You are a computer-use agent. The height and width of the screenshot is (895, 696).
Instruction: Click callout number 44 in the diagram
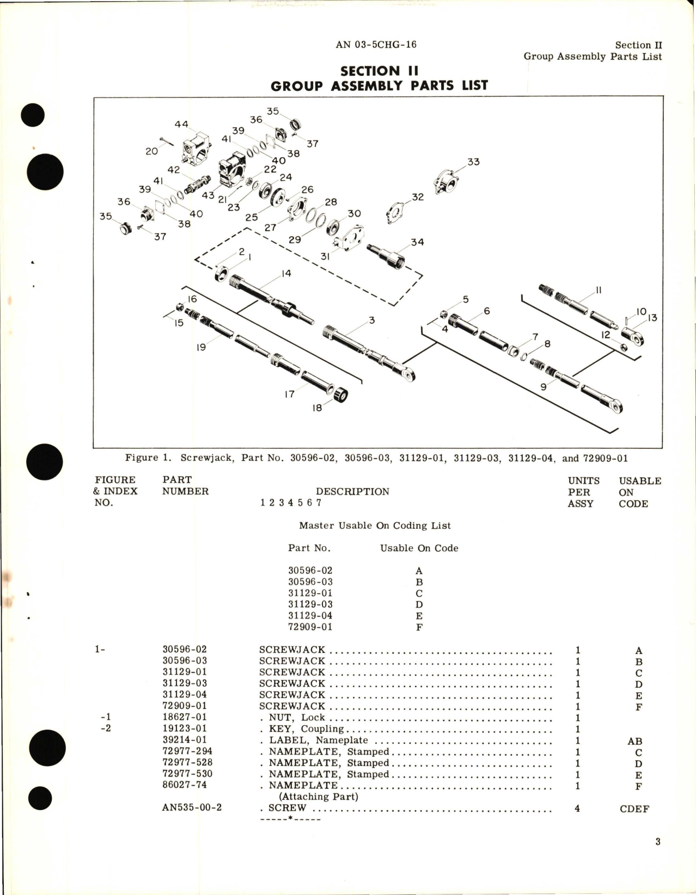pyautogui.click(x=181, y=124)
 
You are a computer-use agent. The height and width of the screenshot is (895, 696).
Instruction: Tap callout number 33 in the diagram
pyautogui.click(x=473, y=162)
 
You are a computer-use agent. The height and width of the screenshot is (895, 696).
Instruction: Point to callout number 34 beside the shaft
pyautogui.click(x=417, y=242)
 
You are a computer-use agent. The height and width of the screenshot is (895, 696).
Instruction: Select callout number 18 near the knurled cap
pyautogui.click(x=317, y=408)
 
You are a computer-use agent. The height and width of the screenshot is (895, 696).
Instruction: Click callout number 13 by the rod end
pyautogui.click(x=652, y=318)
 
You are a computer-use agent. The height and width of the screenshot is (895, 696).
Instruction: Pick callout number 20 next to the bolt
pyautogui.click(x=151, y=151)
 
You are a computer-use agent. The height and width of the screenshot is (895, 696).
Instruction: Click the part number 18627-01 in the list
pyautogui.click(x=185, y=717)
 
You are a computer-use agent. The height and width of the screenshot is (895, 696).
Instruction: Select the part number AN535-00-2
pyautogui.click(x=192, y=807)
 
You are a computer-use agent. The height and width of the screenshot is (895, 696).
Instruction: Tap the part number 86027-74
pyautogui.click(x=185, y=785)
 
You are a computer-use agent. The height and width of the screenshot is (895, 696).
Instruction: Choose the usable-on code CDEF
pyautogui.click(x=634, y=808)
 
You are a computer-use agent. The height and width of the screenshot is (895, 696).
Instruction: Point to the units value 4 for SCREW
pyautogui.click(x=577, y=808)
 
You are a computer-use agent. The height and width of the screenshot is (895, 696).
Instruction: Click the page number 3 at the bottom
pyautogui.click(x=658, y=842)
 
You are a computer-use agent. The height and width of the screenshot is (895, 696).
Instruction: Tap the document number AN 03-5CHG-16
pyautogui.click(x=376, y=45)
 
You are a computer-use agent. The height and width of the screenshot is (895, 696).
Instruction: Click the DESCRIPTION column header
pyautogui.click(x=352, y=491)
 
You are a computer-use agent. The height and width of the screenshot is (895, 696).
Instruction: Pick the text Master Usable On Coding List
pyautogui.click(x=375, y=526)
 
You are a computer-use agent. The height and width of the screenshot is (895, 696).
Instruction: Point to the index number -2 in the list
pyautogui.click(x=106, y=728)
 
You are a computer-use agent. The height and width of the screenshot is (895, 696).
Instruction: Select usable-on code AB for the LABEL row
pyautogui.click(x=634, y=741)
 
